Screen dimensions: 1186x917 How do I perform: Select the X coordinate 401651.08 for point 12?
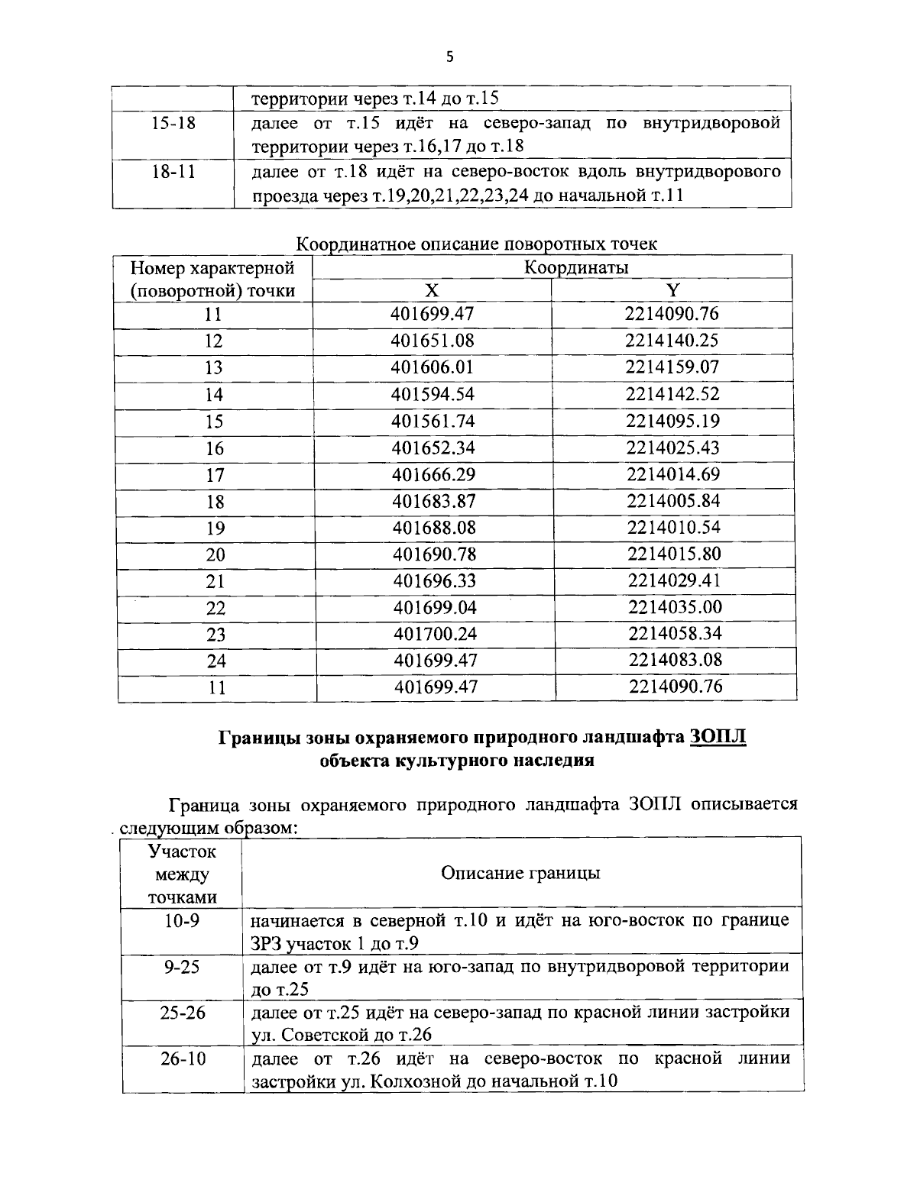pos(433,341)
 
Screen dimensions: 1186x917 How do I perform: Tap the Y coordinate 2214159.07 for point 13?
pos(672,367)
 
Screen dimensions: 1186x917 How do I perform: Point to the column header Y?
pos(672,290)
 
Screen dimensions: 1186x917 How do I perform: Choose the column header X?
pos(433,290)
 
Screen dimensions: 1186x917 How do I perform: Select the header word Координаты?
pos(576,267)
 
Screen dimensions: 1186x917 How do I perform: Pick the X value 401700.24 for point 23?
pos(436,634)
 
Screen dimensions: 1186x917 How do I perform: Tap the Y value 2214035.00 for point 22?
pos(675,607)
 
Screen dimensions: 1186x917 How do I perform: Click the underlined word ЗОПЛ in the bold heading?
pos(717,738)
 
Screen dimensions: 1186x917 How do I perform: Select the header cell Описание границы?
pos(520,873)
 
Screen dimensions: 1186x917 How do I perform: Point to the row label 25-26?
pos(183,1013)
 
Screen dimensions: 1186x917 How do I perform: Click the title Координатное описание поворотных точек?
pos(476,244)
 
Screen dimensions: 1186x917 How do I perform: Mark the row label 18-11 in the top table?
pos(174,171)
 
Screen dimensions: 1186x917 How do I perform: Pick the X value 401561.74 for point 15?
pos(433,421)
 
